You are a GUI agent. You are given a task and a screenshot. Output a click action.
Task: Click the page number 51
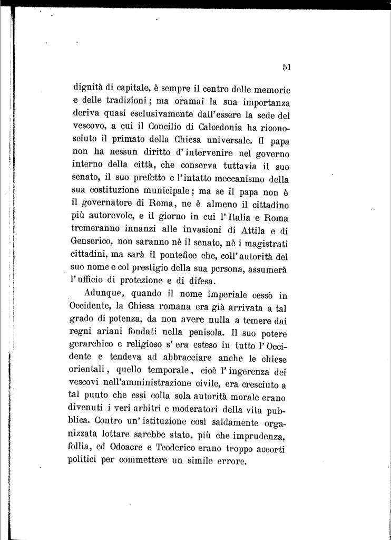tap(287, 67)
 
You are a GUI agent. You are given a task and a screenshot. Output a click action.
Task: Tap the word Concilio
tap(168, 128)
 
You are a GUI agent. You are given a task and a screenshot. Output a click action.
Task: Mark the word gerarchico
tap(91, 346)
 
